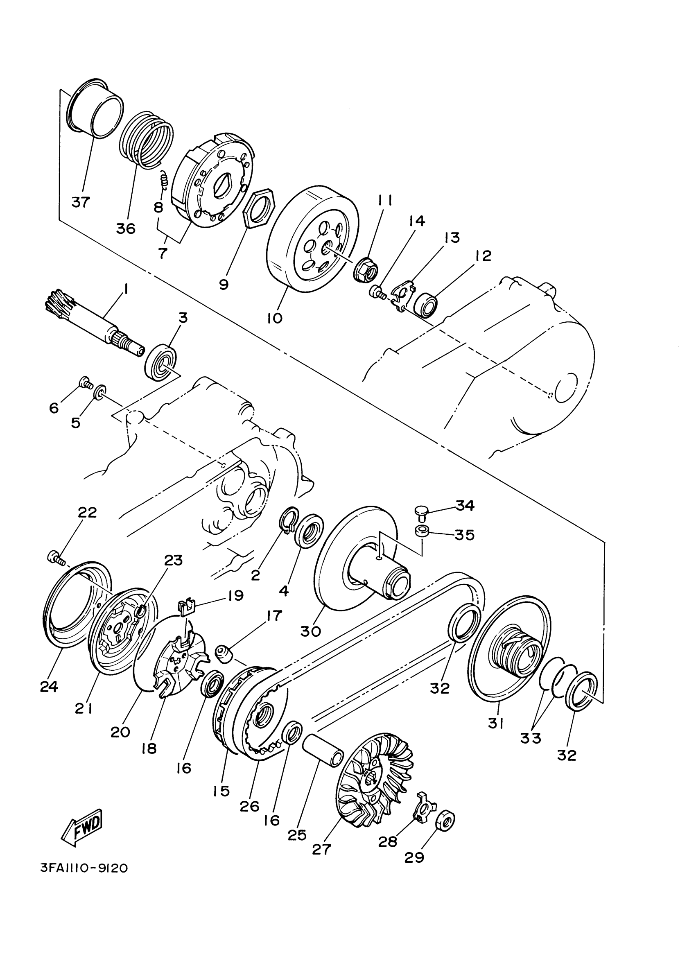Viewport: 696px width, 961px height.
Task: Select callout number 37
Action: coord(81,202)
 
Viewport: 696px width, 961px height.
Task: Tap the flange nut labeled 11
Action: coord(366,269)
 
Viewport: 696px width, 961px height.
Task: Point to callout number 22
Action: coord(87,512)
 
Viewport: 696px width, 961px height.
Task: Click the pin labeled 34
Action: coord(420,511)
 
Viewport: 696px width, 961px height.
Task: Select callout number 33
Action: coord(530,738)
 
